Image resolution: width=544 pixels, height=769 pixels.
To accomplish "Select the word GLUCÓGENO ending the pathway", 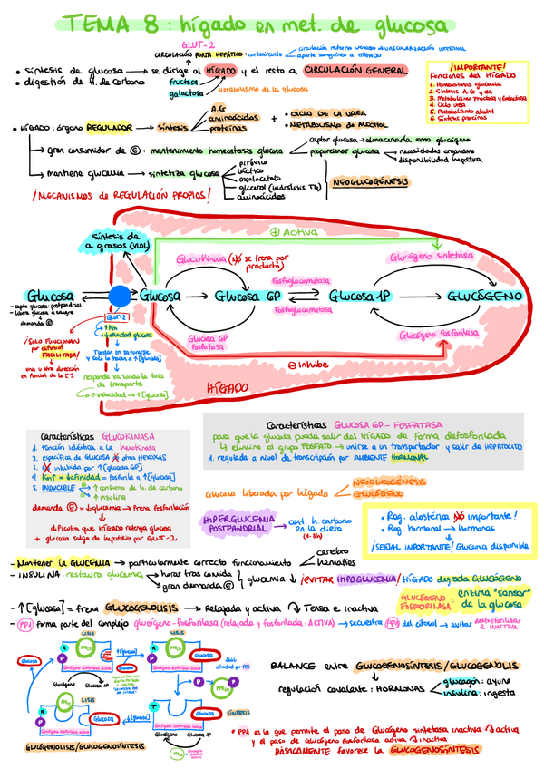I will [x=484, y=297].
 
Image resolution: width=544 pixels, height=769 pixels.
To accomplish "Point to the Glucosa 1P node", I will [x=359, y=297].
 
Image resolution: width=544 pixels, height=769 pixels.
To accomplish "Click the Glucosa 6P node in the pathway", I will [x=249, y=297].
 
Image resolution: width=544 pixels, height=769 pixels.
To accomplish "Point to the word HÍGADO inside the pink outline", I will [x=226, y=387].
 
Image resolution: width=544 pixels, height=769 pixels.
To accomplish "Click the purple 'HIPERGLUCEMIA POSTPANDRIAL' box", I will [x=238, y=523].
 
